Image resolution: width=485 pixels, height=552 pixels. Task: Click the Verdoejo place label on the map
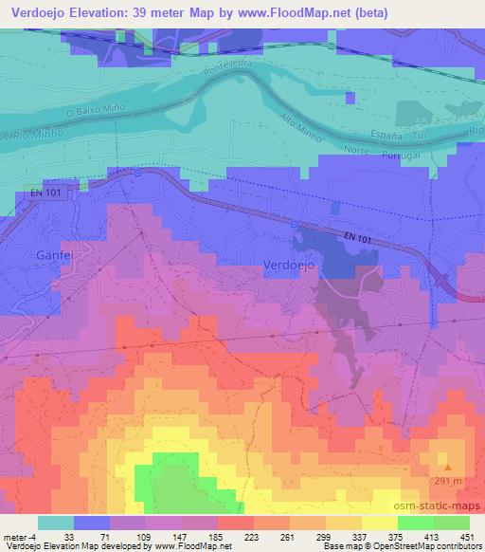point(286,267)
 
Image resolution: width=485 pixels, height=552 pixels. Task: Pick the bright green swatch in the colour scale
point(414,523)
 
